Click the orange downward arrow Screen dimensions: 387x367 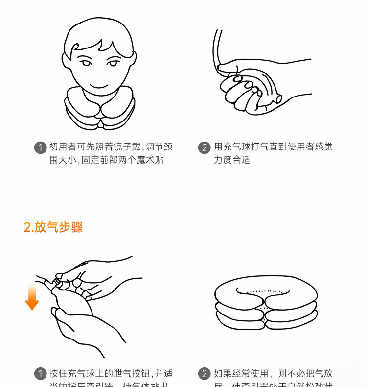32,296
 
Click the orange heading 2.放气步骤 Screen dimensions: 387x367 53,227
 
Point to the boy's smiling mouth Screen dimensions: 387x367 99,86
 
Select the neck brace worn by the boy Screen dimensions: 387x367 100,109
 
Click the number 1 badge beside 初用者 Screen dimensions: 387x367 40,147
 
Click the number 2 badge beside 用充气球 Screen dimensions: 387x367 205,147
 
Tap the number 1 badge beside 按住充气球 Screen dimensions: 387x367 40,374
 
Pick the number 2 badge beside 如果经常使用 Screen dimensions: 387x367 205,374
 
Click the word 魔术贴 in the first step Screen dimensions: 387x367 151,160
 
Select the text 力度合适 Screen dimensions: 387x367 232,160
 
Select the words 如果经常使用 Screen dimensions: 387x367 241,374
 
